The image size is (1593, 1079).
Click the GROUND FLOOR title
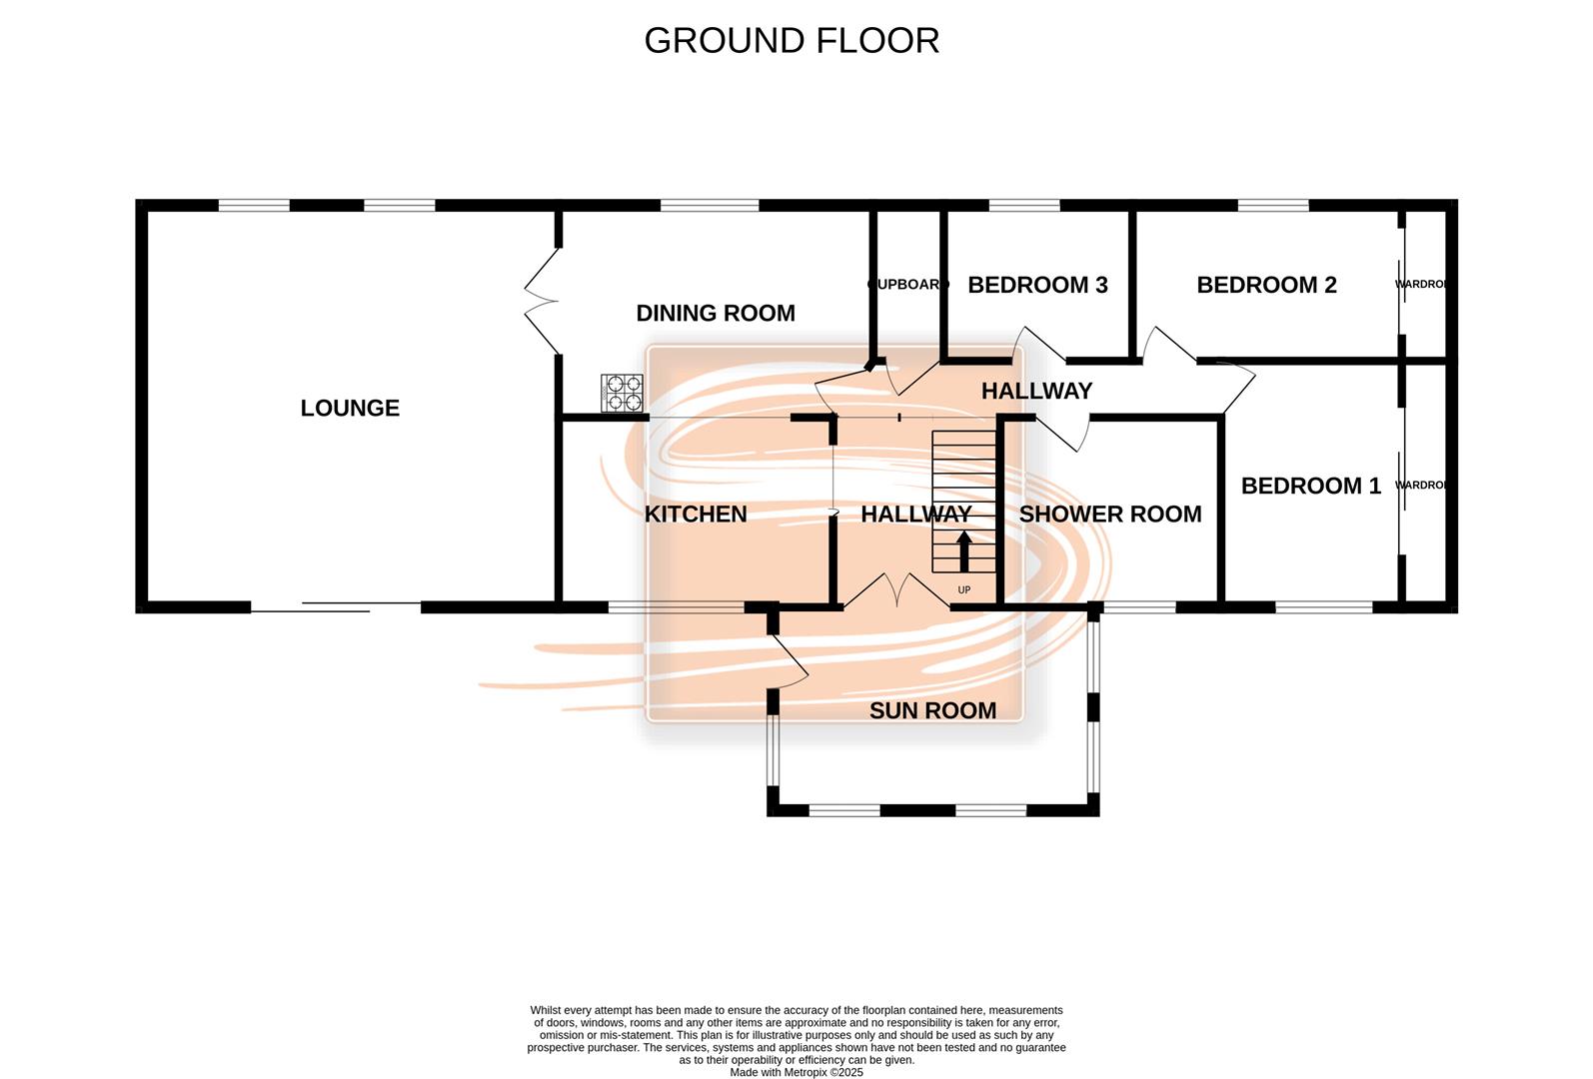tap(792, 41)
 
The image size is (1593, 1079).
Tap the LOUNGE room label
tap(350, 408)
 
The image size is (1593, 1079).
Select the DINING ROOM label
tap(716, 313)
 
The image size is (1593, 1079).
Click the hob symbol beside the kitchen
tap(622, 393)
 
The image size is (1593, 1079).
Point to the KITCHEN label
tap(696, 514)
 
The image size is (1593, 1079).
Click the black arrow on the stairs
tap(964, 550)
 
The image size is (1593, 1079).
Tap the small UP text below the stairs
tap(964, 590)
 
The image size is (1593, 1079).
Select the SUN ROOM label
tap(932, 710)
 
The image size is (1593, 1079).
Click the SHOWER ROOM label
tap(1110, 514)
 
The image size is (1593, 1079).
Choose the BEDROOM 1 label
tap(1310, 486)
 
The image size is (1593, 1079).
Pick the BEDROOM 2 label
tap(1266, 285)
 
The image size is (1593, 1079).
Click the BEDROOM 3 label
tap(1037, 285)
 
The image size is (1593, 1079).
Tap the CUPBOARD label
tap(907, 285)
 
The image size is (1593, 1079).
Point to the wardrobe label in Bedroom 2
tap(1421, 285)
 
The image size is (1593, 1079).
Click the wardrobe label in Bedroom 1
tap(1421, 486)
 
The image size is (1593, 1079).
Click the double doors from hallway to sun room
tap(896, 591)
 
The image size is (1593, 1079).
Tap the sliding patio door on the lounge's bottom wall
tap(335, 605)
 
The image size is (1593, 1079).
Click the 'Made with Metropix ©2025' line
tap(796, 1072)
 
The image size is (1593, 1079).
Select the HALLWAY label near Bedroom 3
tap(1036, 391)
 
